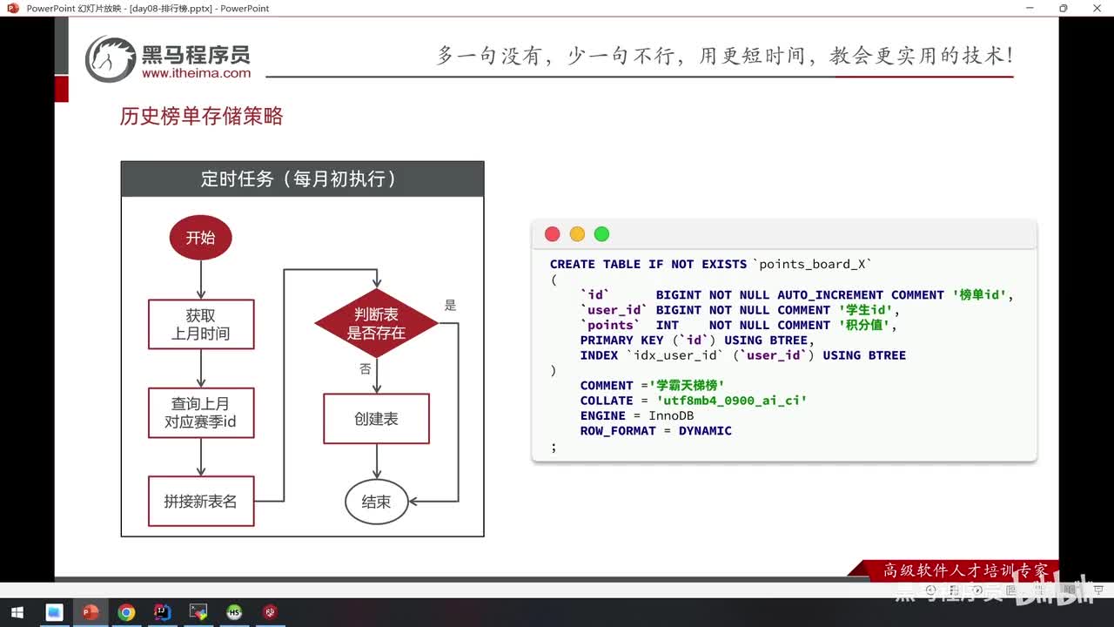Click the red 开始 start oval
click(x=200, y=238)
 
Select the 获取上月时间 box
click(x=201, y=325)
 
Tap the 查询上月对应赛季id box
click(x=201, y=413)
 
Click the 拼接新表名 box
click(x=201, y=501)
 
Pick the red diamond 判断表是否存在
click(x=376, y=324)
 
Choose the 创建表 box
click(x=376, y=419)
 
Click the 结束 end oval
click(x=376, y=502)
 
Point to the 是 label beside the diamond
click(x=450, y=305)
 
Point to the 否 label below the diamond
click(x=365, y=369)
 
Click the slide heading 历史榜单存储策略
click(x=201, y=117)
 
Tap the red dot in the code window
click(x=552, y=234)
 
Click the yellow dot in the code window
click(x=577, y=234)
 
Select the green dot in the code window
click(x=601, y=234)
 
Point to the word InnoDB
click(x=671, y=416)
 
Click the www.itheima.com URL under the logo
click(x=196, y=74)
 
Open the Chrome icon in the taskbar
click(x=126, y=612)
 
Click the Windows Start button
click(x=17, y=612)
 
